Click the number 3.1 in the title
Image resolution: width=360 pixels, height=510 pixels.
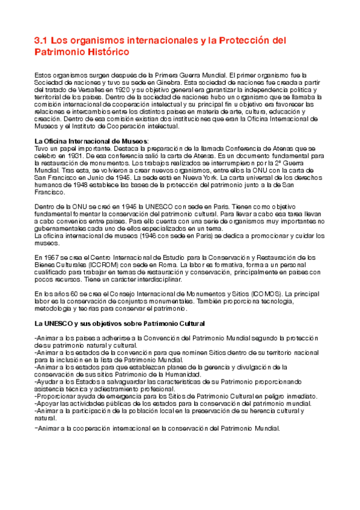coord(40,40)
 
